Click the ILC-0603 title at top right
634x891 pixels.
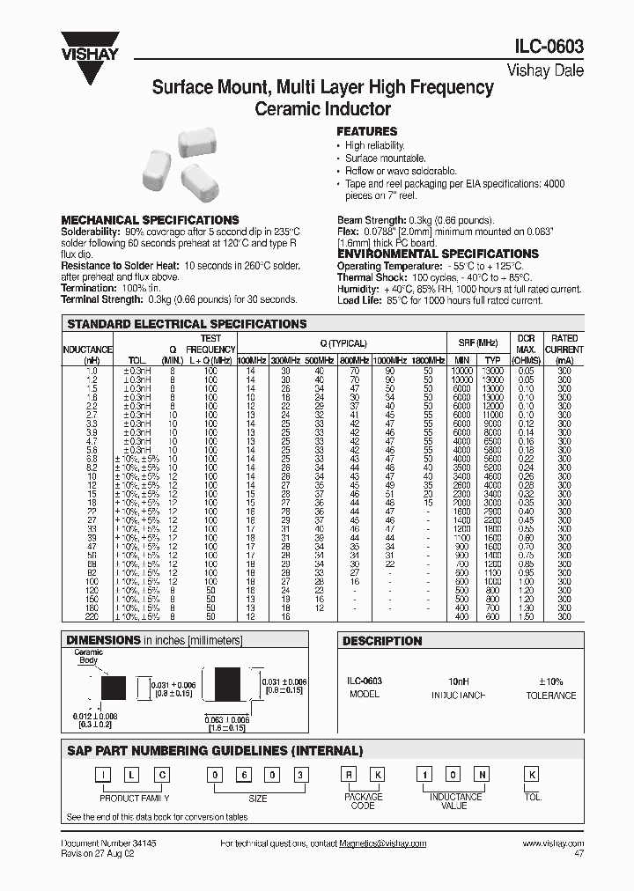tap(546, 48)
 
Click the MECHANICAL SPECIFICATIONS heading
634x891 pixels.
tap(149, 220)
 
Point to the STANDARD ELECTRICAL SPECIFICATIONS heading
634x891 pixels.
tap(187, 324)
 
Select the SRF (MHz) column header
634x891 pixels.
tap(478, 343)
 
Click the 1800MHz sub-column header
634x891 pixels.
tap(427, 361)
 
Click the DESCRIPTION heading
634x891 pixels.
tap(382, 641)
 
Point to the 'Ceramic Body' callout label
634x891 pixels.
tap(89, 656)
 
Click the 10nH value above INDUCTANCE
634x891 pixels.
tap(457, 681)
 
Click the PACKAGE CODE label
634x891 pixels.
tap(363, 801)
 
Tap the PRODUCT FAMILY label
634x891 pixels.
tap(134, 798)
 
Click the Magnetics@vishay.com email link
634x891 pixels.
tap(382, 843)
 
